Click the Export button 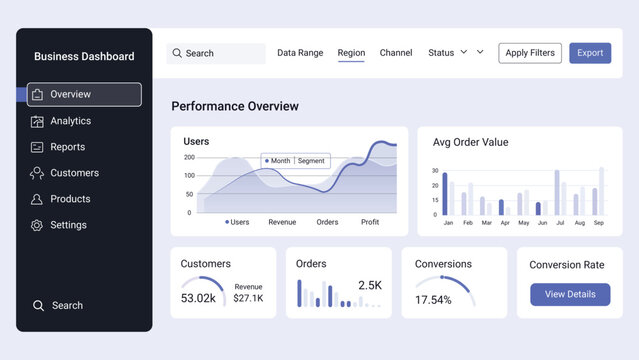(590, 53)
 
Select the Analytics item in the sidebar (70, 121)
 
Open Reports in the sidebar (67, 147)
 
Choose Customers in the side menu (74, 173)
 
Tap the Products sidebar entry (70, 199)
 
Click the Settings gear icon (37, 225)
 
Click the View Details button (570, 294)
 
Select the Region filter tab (351, 53)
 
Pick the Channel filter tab (396, 53)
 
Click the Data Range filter (300, 53)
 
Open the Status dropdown (448, 53)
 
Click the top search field (215, 53)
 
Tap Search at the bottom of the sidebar (67, 306)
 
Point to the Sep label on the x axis (598, 223)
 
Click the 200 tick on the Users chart (189, 157)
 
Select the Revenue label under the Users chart (282, 222)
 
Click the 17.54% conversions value (433, 300)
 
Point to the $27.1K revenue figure (248, 298)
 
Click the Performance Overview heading (235, 106)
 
